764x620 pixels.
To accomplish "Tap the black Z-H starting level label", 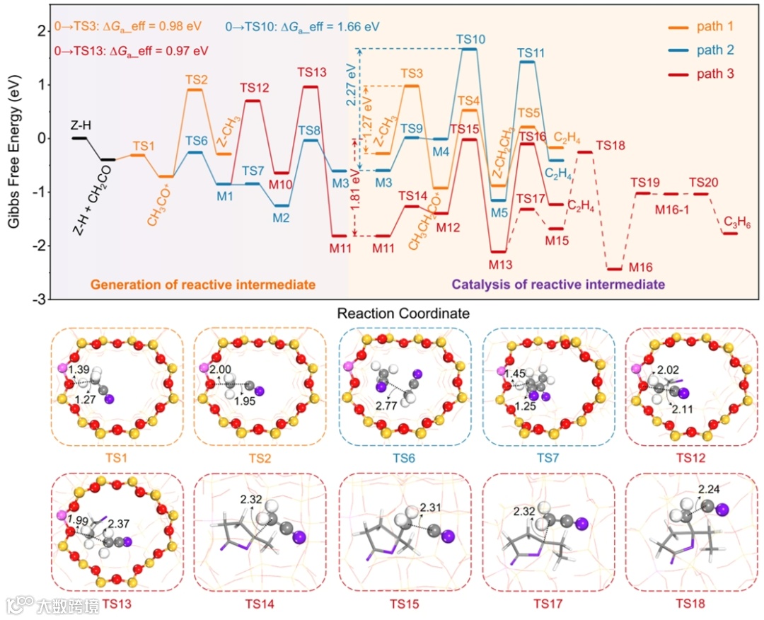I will (79, 125).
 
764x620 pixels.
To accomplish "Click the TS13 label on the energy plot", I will (312, 72).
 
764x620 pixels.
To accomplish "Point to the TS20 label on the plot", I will (703, 183).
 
